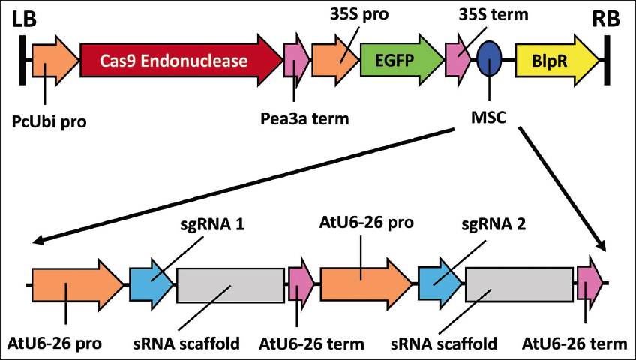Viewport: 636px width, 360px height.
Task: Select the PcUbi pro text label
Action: [x=49, y=119]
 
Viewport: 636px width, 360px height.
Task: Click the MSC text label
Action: [x=488, y=118]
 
